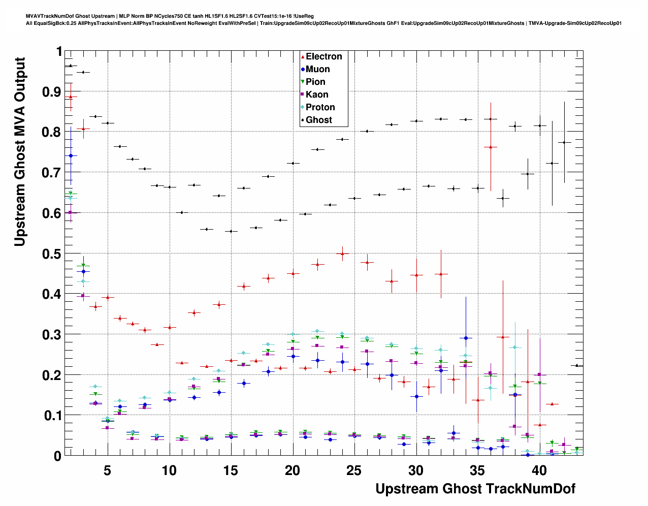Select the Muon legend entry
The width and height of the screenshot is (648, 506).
[317, 69]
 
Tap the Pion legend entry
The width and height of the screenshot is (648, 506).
[315, 82]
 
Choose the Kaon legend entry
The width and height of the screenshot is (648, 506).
[316, 94]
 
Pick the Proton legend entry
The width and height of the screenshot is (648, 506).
[320, 107]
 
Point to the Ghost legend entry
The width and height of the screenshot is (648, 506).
[318, 120]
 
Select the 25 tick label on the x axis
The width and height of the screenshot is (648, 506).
[354, 470]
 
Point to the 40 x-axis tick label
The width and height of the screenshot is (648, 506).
[539, 470]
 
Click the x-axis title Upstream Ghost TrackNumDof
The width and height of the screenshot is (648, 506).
[475, 489]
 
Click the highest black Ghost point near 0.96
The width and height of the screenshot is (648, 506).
[71, 66]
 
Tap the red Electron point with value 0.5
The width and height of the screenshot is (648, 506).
[343, 254]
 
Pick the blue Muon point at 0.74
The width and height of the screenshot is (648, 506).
[71, 155]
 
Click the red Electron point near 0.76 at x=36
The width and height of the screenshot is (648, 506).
[491, 147]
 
